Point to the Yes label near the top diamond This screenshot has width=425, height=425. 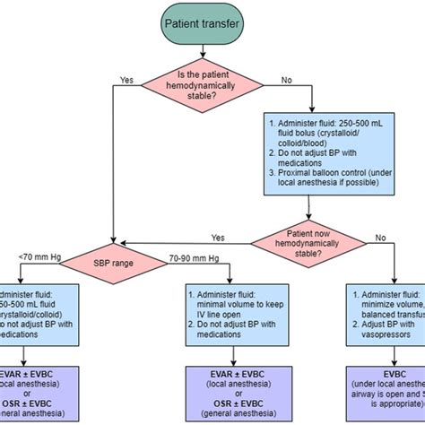tap(127, 79)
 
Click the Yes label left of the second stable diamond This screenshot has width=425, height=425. tap(217, 238)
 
